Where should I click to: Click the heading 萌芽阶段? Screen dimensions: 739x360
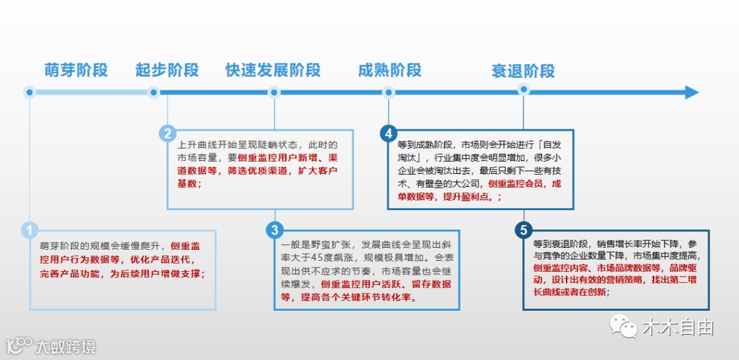tap(76, 70)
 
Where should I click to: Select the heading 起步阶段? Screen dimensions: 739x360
tap(167, 70)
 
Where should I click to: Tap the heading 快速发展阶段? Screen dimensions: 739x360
tap(273, 70)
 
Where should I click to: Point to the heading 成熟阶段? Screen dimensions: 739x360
tap(389, 70)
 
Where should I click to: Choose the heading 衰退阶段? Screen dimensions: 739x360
tap(523, 71)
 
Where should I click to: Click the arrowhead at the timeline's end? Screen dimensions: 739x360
tap(691, 92)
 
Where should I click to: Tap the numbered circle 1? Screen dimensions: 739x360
tap(29, 230)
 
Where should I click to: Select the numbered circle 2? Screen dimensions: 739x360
tap(168, 133)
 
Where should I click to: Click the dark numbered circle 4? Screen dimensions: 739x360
tap(389, 133)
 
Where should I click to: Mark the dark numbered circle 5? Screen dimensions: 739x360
tap(523, 229)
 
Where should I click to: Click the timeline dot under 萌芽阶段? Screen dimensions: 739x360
tap(29, 92)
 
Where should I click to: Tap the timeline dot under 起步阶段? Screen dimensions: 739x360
tap(154, 92)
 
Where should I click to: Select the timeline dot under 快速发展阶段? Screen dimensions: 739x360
tap(274, 92)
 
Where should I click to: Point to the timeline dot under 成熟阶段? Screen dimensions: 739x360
tap(389, 92)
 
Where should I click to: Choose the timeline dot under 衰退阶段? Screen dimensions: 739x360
tap(523, 89)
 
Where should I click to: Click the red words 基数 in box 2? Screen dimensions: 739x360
tap(187, 183)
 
